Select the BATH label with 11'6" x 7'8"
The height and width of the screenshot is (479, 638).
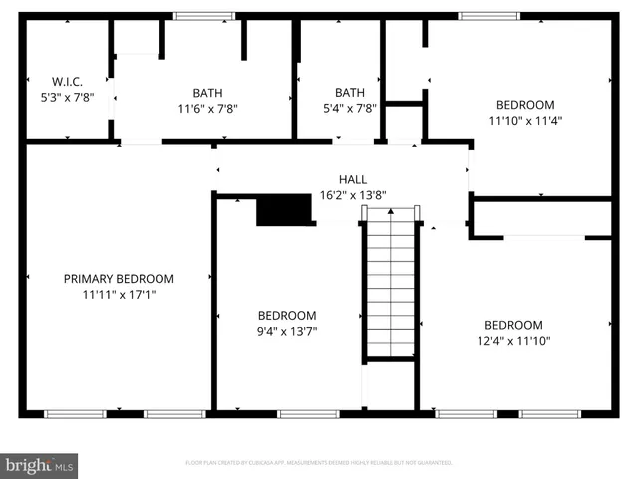(x=207, y=92)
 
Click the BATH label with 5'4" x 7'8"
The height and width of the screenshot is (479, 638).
(x=350, y=92)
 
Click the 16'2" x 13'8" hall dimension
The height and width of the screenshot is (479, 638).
(x=352, y=195)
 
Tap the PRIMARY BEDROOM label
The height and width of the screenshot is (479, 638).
(x=119, y=279)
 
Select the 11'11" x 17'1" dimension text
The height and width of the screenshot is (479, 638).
(x=119, y=294)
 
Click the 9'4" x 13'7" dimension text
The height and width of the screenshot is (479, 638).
(x=287, y=330)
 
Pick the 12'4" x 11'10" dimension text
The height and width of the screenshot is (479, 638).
(x=513, y=340)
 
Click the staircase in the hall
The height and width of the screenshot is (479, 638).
(x=390, y=284)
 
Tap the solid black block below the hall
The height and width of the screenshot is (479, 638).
(x=285, y=211)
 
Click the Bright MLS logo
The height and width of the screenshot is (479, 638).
(x=39, y=465)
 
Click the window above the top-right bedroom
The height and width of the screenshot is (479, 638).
(x=488, y=16)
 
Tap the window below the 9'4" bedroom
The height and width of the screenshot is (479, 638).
(x=308, y=413)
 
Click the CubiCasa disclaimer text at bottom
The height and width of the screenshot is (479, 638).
(x=319, y=463)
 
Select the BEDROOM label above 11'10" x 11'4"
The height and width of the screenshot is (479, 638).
(x=525, y=105)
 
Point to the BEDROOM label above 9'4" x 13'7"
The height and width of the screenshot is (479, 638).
(x=287, y=315)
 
